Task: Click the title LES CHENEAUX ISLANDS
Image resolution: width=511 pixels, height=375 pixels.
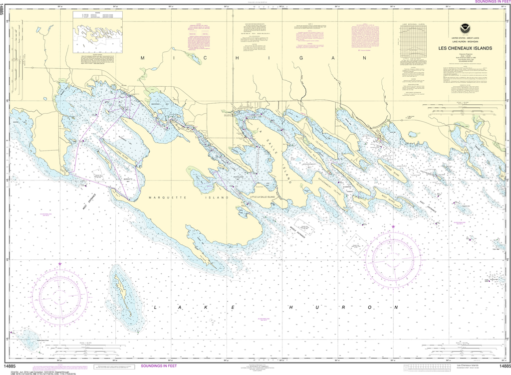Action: click(465, 48)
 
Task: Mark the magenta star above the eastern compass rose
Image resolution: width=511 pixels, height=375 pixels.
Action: click(393, 227)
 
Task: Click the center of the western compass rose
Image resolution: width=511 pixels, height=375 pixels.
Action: click(59, 295)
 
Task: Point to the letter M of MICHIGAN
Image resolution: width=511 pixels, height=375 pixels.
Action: click(143, 58)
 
